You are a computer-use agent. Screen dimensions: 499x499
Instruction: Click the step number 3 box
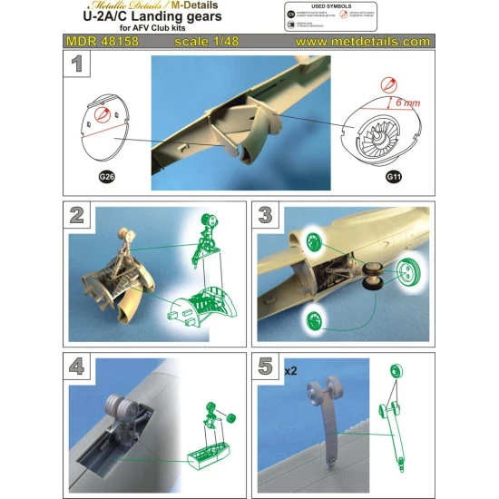pos(267,217)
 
